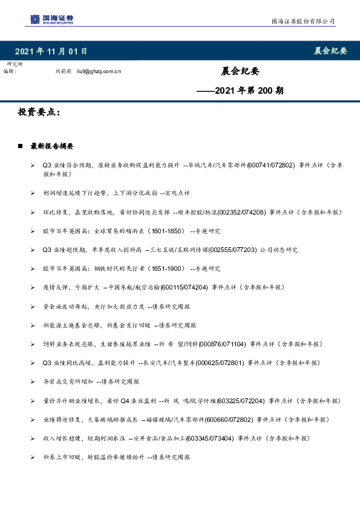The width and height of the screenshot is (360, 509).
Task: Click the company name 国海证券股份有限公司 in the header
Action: click(302, 21)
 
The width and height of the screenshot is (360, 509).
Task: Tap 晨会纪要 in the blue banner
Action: click(330, 51)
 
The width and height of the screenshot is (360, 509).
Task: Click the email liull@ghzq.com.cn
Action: click(103, 71)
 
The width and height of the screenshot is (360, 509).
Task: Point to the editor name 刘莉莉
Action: click(63, 71)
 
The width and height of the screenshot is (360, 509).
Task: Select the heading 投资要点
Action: click(39, 112)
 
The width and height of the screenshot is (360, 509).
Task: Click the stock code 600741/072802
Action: click(270, 164)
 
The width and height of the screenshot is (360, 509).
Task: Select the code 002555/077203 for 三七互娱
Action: click(232, 250)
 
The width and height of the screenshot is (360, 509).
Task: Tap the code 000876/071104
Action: click(222, 343)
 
